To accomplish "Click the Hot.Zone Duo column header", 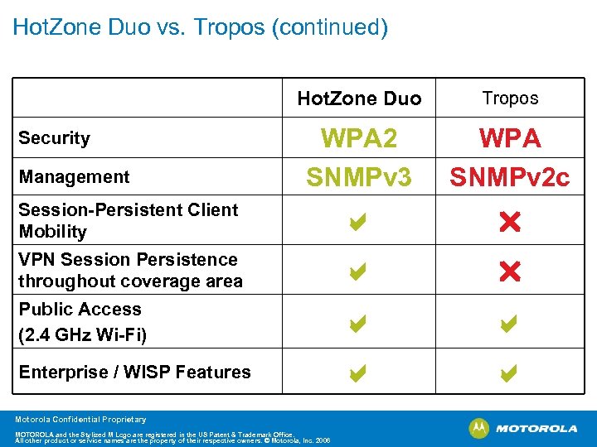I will click(x=359, y=99).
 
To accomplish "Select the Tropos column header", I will click(x=510, y=98).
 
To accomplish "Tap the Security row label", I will click(x=55, y=138).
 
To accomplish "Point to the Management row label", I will click(x=75, y=176).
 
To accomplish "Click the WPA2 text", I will click(x=359, y=138).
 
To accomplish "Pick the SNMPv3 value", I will click(x=359, y=175).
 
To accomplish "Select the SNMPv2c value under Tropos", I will click(x=510, y=175).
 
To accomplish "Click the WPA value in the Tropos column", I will click(x=510, y=138).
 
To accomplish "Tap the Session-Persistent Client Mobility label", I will click(x=129, y=220).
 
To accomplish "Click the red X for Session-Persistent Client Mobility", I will click(x=510, y=222).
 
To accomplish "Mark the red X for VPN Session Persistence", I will click(x=510, y=271).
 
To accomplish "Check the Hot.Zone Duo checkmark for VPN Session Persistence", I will click(x=358, y=271).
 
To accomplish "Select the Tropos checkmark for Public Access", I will click(x=509, y=325).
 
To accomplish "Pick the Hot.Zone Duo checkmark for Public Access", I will click(x=358, y=325).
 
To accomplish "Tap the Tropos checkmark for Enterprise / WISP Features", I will click(x=509, y=375).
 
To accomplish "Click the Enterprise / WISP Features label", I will click(x=134, y=372).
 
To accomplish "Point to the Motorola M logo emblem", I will click(x=478, y=428).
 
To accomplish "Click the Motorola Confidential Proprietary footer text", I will click(x=80, y=420).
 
